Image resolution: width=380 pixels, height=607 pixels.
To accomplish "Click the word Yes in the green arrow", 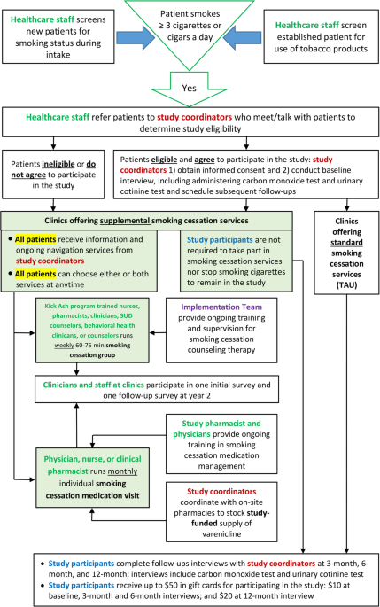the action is pyautogui.click(x=190, y=89).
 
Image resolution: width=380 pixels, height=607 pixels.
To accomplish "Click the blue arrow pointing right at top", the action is pyautogui.click(x=136, y=37).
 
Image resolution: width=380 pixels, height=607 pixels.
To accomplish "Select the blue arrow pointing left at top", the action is pyautogui.click(x=242, y=37).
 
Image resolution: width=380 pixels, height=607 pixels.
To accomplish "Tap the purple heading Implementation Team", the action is pyautogui.click(x=221, y=307).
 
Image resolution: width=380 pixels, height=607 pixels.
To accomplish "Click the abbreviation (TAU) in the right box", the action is pyautogui.click(x=346, y=285).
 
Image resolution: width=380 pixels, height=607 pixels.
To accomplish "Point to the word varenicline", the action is pyautogui.click(x=221, y=533).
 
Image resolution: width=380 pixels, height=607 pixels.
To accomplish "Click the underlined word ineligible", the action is pyautogui.click(x=58, y=164).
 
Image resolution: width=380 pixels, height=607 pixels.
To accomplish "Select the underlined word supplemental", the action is pyautogui.click(x=125, y=221).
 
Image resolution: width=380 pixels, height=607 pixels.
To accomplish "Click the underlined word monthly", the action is pyautogui.click(x=122, y=471).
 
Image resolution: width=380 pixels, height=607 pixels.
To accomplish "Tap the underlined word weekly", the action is pyautogui.click(x=64, y=346).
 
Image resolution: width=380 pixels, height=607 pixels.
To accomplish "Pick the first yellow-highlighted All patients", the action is pyautogui.click(x=35, y=239).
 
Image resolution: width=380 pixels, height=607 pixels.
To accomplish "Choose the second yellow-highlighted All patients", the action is pyautogui.click(x=35, y=274).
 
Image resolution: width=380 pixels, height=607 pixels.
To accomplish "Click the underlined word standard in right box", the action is pyautogui.click(x=346, y=243).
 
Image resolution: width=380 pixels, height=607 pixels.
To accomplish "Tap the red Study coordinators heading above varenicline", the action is pyautogui.click(x=221, y=491).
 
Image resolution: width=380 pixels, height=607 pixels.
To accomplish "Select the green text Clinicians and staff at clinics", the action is pyautogui.click(x=94, y=385).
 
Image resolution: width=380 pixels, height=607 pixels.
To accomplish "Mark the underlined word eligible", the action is pyautogui.click(x=164, y=160).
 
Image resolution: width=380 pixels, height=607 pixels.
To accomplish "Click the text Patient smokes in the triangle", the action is pyautogui.click(x=190, y=14).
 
